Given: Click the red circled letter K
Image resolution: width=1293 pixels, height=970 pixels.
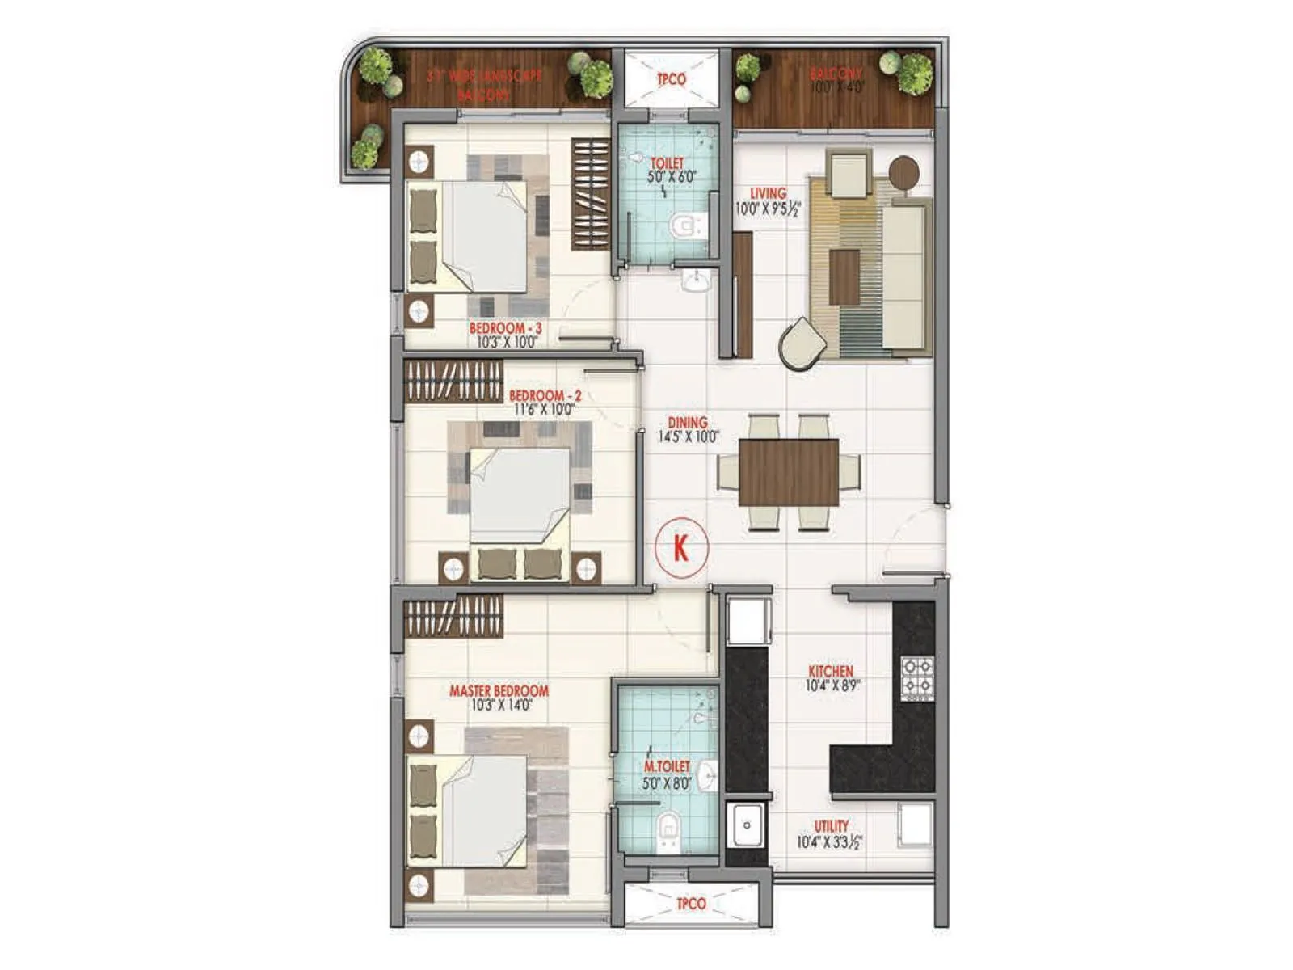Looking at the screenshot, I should click(x=681, y=548).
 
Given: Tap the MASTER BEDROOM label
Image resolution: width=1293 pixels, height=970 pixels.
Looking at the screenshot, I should click(x=499, y=691).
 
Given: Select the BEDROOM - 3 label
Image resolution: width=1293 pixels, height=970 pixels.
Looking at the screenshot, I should click(x=505, y=328).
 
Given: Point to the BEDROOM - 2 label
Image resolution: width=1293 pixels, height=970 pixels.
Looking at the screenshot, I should click(x=545, y=396).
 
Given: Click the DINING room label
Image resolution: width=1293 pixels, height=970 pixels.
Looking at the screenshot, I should click(x=688, y=423).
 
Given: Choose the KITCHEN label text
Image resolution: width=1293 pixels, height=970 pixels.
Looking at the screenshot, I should click(x=831, y=672).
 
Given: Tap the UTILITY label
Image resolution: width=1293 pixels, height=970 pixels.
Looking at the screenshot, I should click(x=831, y=826).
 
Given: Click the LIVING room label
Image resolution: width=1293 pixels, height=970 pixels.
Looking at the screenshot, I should click(x=768, y=194).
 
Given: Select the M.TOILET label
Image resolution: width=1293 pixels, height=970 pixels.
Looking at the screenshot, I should click(x=667, y=766).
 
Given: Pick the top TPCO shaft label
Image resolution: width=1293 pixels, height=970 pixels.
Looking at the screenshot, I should click(x=671, y=79).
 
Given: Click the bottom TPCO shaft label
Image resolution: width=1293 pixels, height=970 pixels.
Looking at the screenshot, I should click(x=691, y=904).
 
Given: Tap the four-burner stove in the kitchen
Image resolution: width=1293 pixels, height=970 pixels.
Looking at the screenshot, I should click(x=917, y=677).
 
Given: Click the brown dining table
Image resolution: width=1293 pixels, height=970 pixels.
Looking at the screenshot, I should click(x=789, y=472).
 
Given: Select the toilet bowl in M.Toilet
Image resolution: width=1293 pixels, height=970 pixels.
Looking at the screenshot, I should click(x=668, y=828).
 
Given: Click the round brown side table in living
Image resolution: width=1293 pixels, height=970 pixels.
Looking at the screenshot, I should click(x=903, y=171).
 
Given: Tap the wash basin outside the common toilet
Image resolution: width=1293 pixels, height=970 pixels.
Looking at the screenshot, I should click(x=695, y=280).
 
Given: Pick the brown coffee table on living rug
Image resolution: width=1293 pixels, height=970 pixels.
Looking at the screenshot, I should click(x=844, y=277).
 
